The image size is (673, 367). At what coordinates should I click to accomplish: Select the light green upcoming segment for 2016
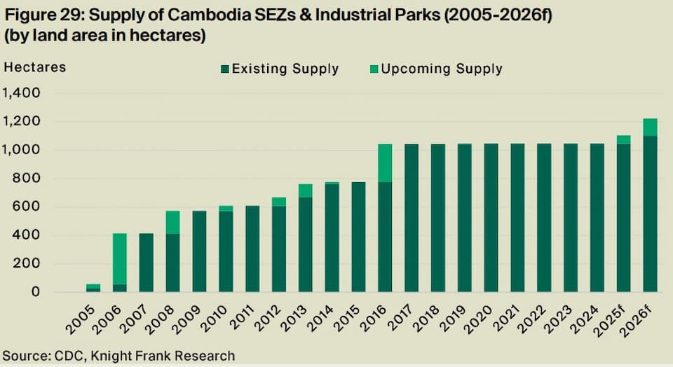click(385, 162)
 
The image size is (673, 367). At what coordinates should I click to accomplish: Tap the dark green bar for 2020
click(491, 217)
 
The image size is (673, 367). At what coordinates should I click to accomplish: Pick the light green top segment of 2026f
click(650, 127)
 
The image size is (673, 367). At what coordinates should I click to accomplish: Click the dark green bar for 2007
click(146, 263)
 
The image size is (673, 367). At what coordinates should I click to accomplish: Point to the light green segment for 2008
click(172, 222)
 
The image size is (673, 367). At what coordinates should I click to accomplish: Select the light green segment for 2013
click(305, 191)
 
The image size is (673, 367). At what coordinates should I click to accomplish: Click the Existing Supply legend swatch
click(224, 69)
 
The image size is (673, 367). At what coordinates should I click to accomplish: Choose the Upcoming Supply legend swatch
click(374, 69)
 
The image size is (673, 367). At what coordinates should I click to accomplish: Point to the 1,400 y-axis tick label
click(22, 93)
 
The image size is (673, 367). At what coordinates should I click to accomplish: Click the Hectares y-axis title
click(35, 67)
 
